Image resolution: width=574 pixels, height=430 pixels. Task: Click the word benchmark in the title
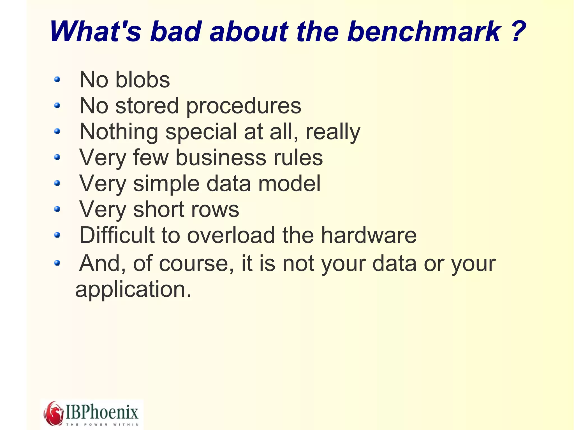pyautogui.click(x=424, y=31)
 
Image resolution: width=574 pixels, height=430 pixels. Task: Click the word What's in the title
pyautogui.click(x=96, y=31)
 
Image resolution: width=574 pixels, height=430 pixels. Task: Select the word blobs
pyautogui.click(x=143, y=80)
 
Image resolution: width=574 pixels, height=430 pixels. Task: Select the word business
pyautogui.click(x=221, y=158)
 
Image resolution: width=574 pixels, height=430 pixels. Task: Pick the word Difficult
pyautogui.click(x=117, y=235)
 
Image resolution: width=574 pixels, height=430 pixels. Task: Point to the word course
pyautogui.click(x=196, y=264)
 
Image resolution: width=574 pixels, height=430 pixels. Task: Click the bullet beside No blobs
pyautogui.click(x=57, y=80)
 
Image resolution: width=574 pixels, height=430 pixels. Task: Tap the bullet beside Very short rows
pyautogui.click(x=57, y=209)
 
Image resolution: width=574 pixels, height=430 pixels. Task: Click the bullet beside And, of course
pyautogui.click(x=57, y=263)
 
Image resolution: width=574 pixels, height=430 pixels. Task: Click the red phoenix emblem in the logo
pyautogui.click(x=53, y=413)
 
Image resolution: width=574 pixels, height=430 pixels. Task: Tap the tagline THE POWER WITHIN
pyautogui.click(x=102, y=424)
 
